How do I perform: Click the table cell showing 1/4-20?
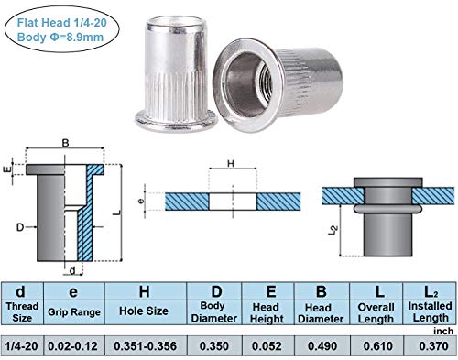(x=22, y=346)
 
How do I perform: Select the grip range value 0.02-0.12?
(x=73, y=346)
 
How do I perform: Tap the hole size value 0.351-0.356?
(x=145, y=346)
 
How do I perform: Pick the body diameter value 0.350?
(x=214, y=346)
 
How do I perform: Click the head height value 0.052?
(x=267, y=346)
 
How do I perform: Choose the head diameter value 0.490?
(x=322, y=346)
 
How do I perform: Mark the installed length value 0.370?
(x=433, y=346)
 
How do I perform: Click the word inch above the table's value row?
(x=443, y=331)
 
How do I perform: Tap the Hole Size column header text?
(x=144, y=311)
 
